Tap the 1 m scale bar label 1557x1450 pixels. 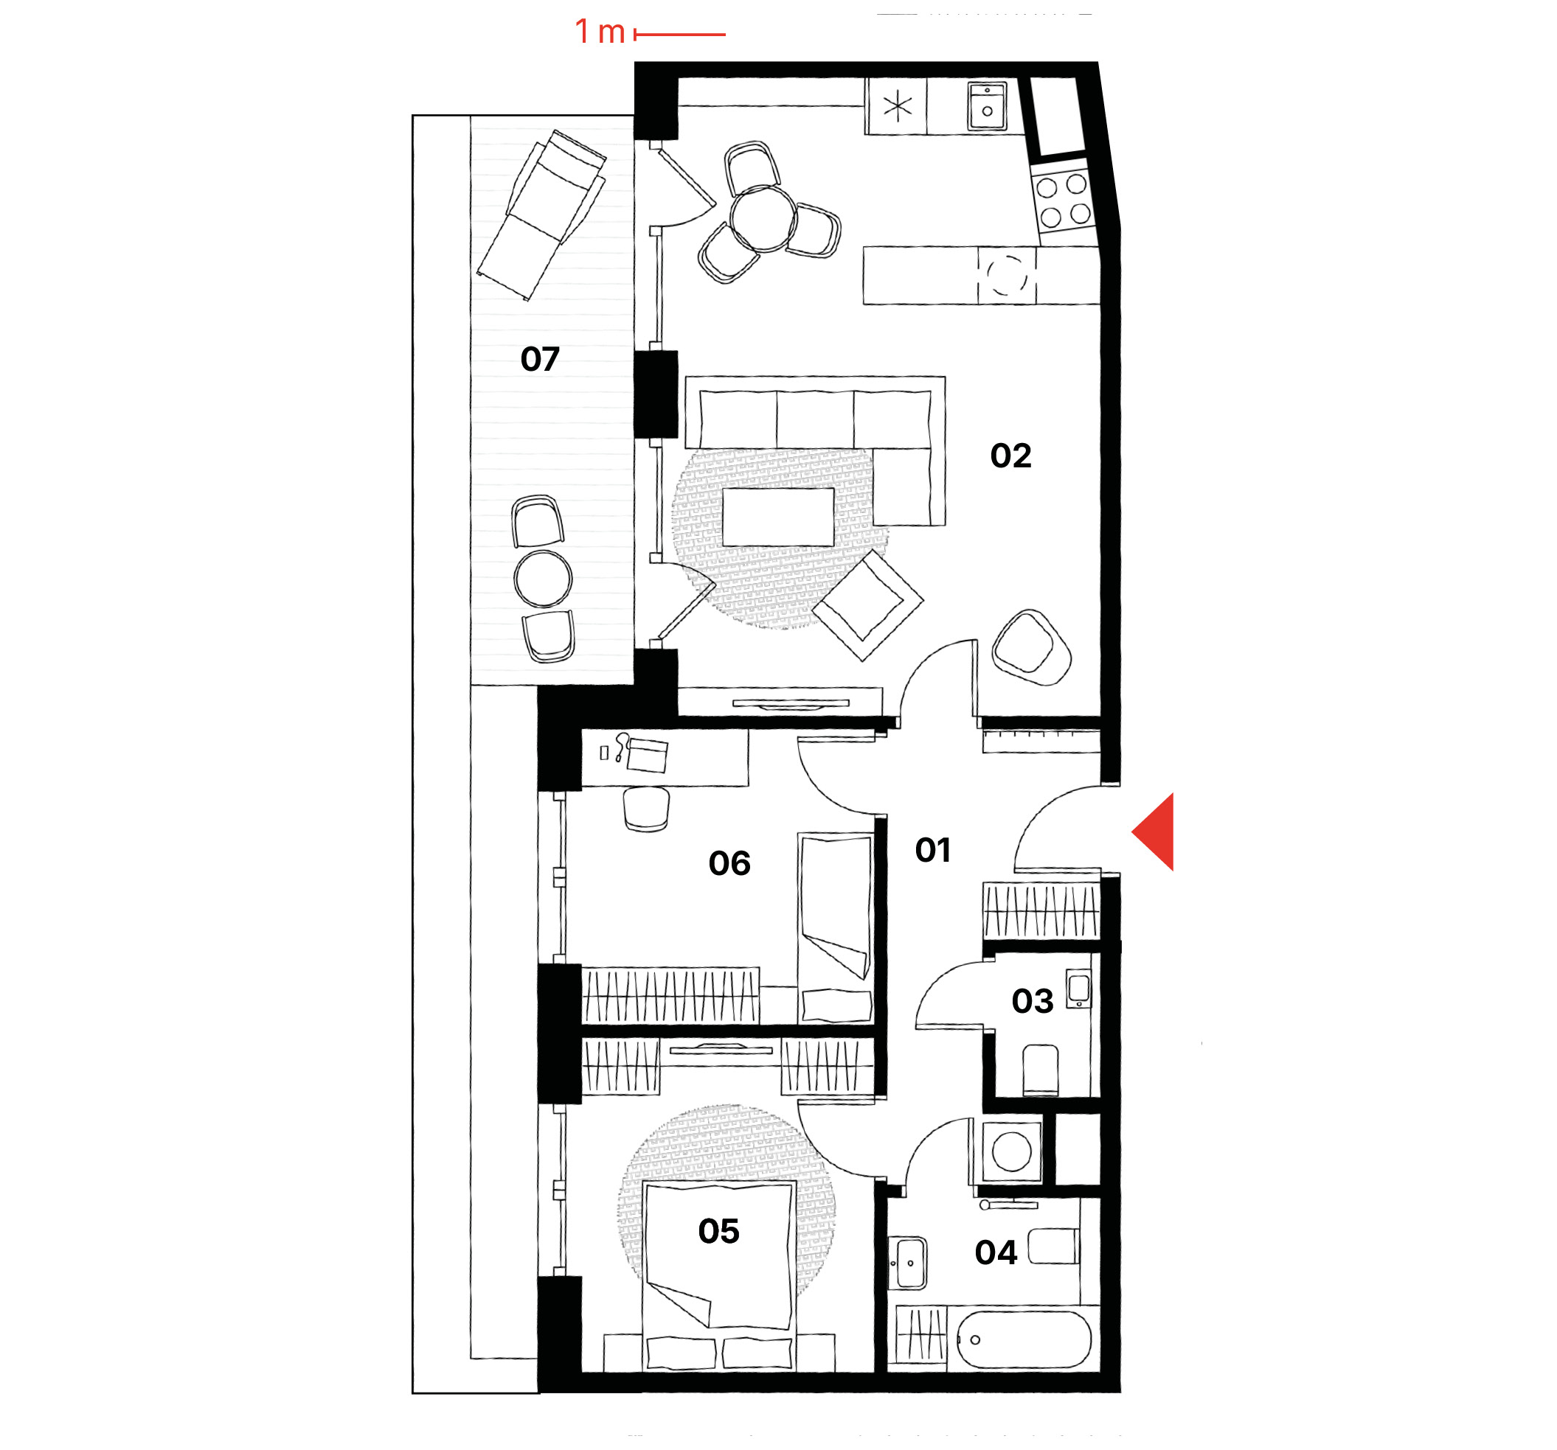point(600,32)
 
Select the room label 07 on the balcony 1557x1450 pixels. point(541,360)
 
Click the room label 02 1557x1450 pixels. point(1010,456)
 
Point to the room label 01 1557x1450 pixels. point(933,850)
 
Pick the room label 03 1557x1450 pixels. point(1033,1001)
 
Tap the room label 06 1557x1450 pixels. point(729,863)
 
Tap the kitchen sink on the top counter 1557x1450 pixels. point(987,105)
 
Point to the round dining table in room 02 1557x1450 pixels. point(763,217)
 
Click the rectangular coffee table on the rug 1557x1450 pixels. point(777,517)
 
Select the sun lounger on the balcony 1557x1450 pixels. point(541,215)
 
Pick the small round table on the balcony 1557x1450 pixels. point(543,579)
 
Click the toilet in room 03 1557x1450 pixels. point(1040,1069)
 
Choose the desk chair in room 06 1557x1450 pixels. point(646,809)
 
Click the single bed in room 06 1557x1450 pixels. point(836,928)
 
